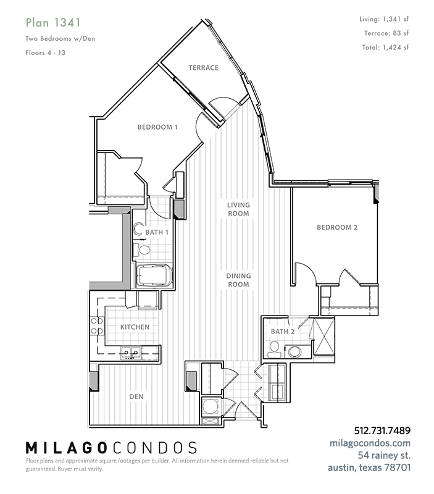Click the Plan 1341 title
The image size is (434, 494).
(x=53, y=23)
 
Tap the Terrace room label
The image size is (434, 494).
(x=204, y=68)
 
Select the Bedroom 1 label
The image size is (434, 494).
(x=157, y=127)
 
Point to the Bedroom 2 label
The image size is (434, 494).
(x=337, y=227)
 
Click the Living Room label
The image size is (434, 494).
(x=238, y=209)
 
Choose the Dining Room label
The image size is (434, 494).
(x=238, y=280)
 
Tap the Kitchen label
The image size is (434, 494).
(x=135, y=327)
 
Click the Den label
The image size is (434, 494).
(x=136, y=396)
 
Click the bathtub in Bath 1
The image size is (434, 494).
(x=154, y=275)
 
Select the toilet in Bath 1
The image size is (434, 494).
(x=141, y=251)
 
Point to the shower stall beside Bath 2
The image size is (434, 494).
(x=324, y=337)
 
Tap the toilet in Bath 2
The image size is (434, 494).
(x=274, y=349)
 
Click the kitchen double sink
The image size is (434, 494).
(x=131, y=352)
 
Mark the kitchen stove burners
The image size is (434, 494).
(x=97, y=326)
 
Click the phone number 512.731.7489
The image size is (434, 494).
(x=382, y=430)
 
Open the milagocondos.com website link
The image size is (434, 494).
(x=370, y=443)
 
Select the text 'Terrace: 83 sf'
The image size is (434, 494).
(x=386, y=33)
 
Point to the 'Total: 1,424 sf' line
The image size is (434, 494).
(x=385, y=48)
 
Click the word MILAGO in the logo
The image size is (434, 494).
(x=65, y=448)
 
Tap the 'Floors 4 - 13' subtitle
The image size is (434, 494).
(x=45, y=52)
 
